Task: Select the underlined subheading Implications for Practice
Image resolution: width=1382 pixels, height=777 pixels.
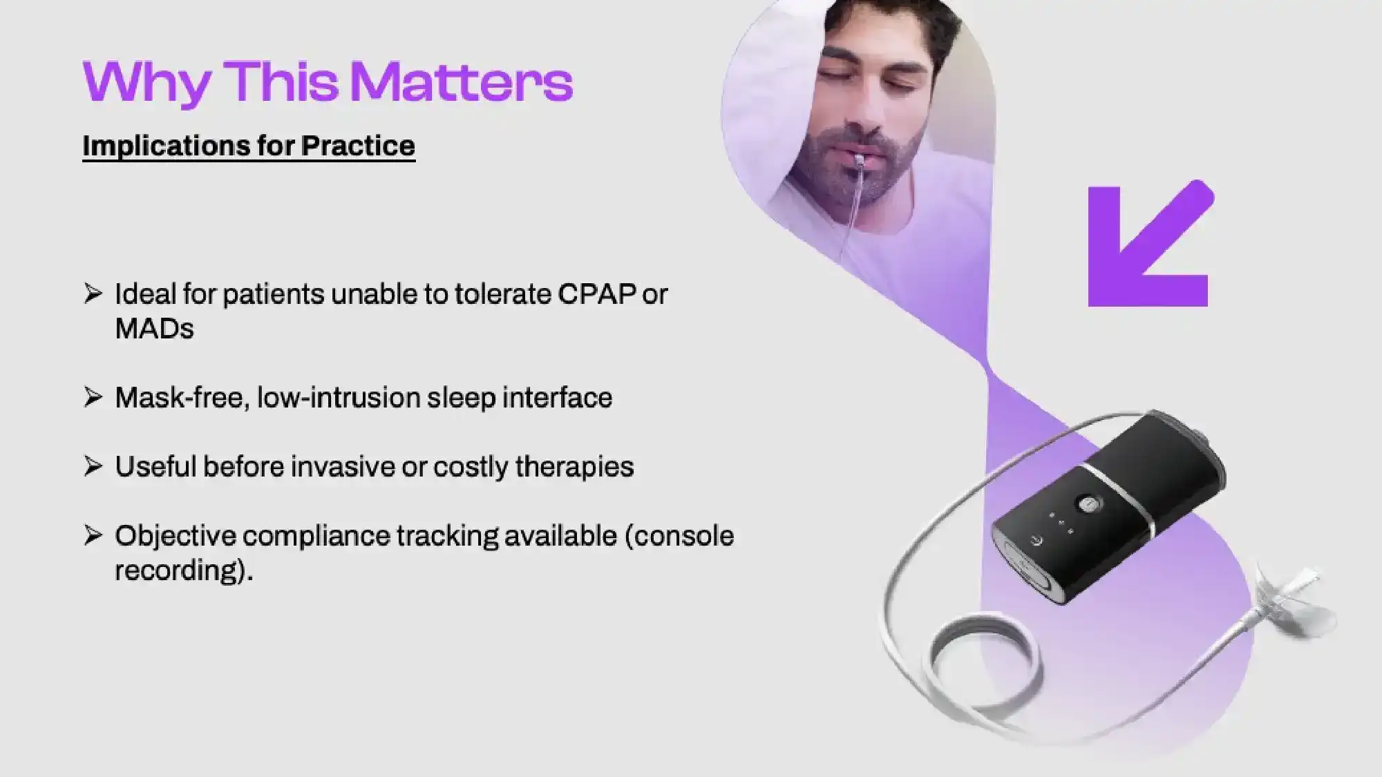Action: coord(249,146)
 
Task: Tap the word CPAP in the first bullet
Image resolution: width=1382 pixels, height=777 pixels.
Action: coord(596,294)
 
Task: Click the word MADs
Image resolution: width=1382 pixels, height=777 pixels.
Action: coord(154,329)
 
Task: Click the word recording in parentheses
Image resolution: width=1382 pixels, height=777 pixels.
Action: coord(177,570)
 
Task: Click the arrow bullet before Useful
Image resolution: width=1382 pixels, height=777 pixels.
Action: coord(93,466)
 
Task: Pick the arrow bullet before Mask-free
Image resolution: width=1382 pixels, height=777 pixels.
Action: coord(93,397)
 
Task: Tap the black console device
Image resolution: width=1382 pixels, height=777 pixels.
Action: coord(1106,511)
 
